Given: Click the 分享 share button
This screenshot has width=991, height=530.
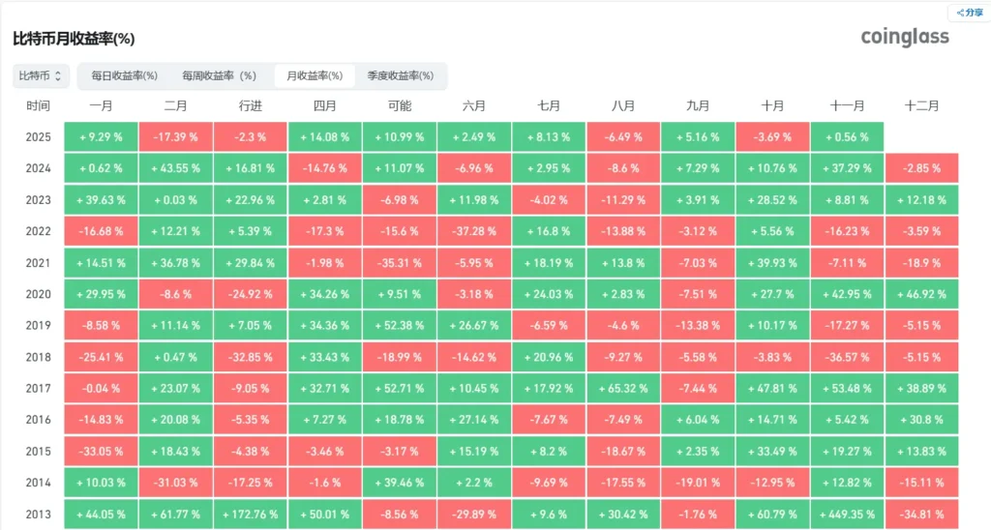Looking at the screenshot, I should tap(969, 13).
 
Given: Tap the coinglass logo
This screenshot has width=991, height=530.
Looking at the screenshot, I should tap(905, 37).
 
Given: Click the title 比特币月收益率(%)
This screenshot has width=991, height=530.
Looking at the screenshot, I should tap(74, 40).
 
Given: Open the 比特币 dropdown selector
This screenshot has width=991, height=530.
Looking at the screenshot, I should tap(42, 75).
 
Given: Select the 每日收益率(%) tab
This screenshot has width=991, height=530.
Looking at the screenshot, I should tap(124, 75).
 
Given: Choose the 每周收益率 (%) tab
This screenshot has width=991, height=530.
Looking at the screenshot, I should tap(219, 75).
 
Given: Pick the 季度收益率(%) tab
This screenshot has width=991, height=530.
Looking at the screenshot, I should tap(400, 75).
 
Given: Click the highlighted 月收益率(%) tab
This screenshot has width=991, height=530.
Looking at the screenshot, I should tap(315, 75).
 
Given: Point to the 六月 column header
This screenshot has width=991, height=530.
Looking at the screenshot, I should tap(474, 106).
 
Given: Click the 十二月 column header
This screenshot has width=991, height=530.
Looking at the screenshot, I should tap(921, 106).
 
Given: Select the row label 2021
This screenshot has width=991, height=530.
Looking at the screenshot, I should tap(39, 263).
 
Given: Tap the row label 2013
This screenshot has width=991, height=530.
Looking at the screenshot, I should tap(39, 515).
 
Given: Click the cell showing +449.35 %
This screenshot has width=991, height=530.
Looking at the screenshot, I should tap(847, 515).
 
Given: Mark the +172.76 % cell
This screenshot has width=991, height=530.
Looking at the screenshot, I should tap(250, 515).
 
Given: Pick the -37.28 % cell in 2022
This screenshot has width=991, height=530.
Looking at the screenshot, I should tap(474, 231).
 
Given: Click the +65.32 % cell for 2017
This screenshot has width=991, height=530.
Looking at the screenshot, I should tap(623, 389).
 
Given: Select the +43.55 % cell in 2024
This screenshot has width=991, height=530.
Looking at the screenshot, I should tap(175, 168).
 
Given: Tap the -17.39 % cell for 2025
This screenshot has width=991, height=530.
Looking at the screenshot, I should tap(175, 137).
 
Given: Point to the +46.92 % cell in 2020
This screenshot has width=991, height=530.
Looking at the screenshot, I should tap(921, 294).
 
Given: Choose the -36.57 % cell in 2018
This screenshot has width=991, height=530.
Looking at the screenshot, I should tap(847, 357).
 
